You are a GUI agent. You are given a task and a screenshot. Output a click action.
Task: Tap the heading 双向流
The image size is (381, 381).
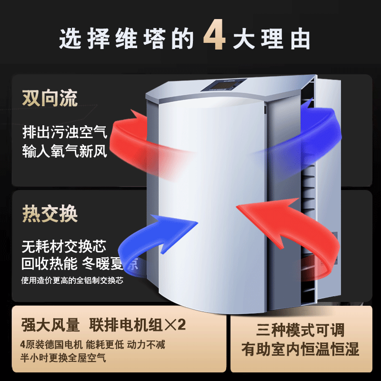coord(50,98)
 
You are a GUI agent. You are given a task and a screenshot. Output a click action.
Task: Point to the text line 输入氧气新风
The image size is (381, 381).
coord(65,150)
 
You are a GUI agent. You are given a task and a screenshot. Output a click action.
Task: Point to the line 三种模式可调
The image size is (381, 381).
coord(300,330)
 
